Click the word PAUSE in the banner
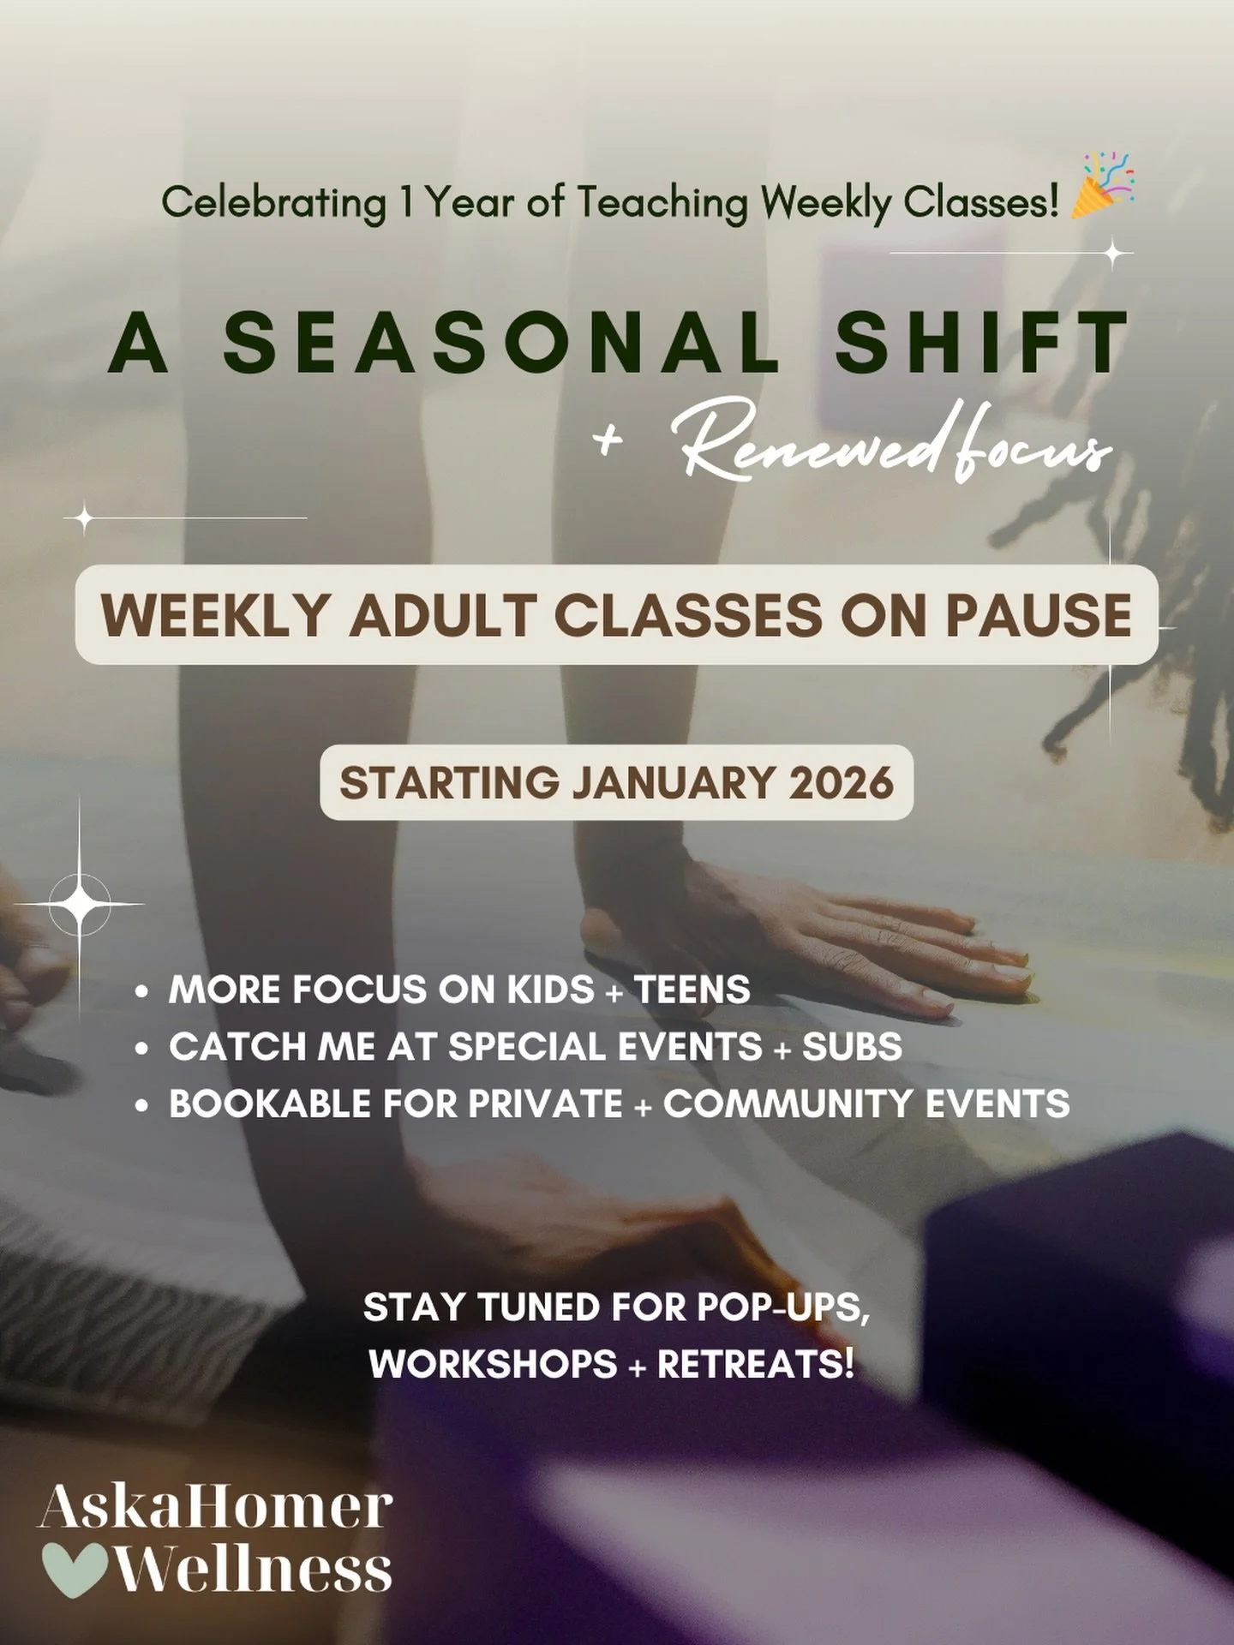pyautogui.click(x=1038, y=615)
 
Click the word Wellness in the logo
pyautogui.click(x=254, y=1570)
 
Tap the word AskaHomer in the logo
pyautogui.click(x=215, y=1509)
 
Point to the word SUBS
pyautogui.click(x=852, y=1047)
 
